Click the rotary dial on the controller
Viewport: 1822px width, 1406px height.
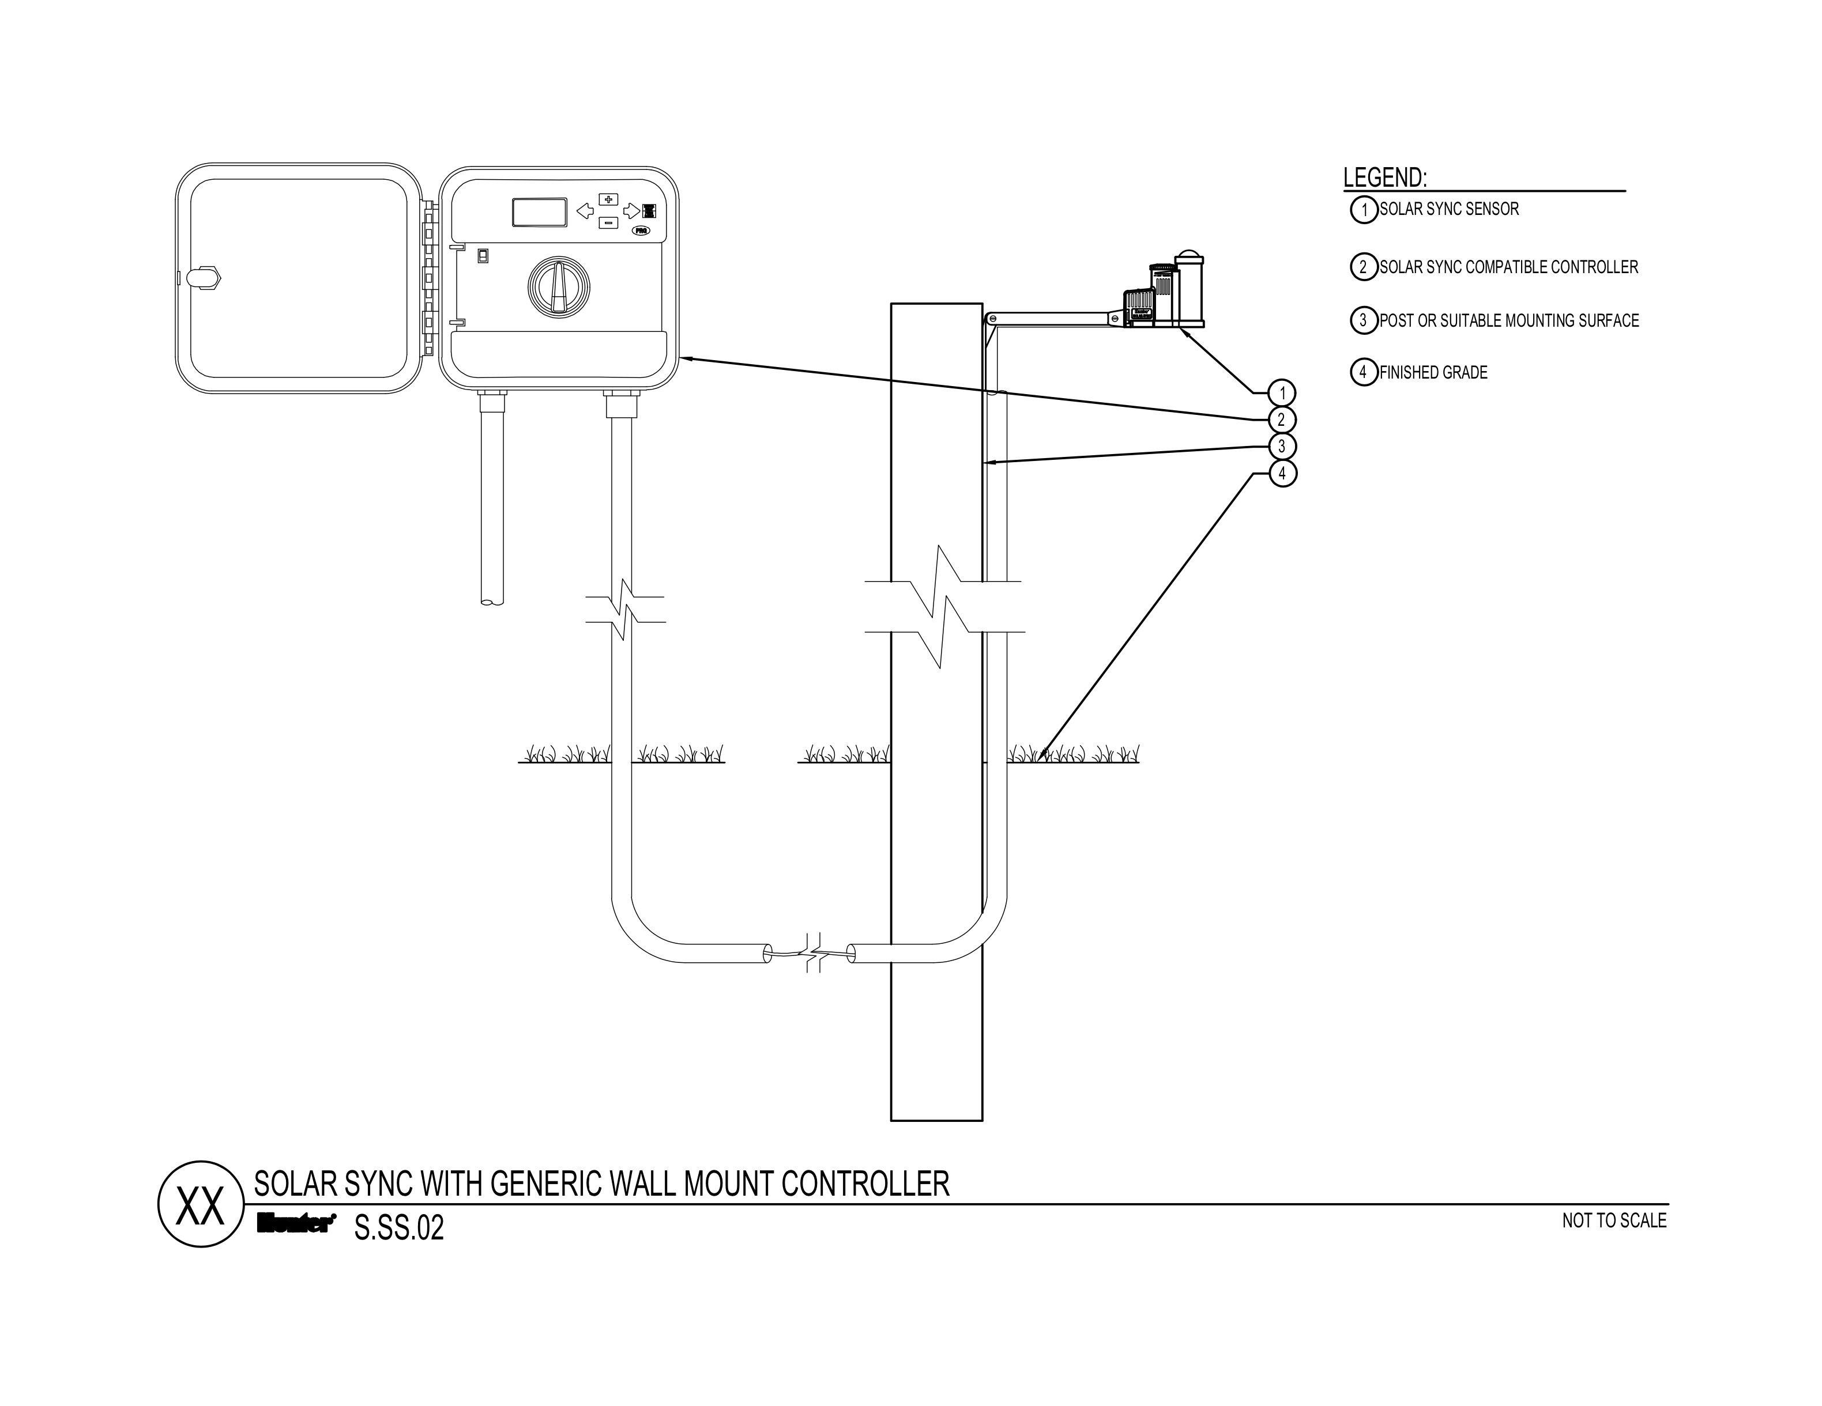tap(558, 286)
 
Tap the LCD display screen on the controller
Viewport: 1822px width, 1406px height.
tap(540, 212)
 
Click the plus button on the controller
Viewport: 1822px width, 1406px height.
tap(608, 199)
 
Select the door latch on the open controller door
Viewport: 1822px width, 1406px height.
tap(203, 278)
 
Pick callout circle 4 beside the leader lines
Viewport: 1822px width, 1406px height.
tap(1282, 474)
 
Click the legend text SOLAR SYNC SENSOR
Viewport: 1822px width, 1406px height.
tap(1448, 209)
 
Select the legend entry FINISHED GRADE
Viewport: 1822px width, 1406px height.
tap(1433, 373)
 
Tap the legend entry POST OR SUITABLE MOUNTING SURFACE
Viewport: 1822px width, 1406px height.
tap(1509, 321)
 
